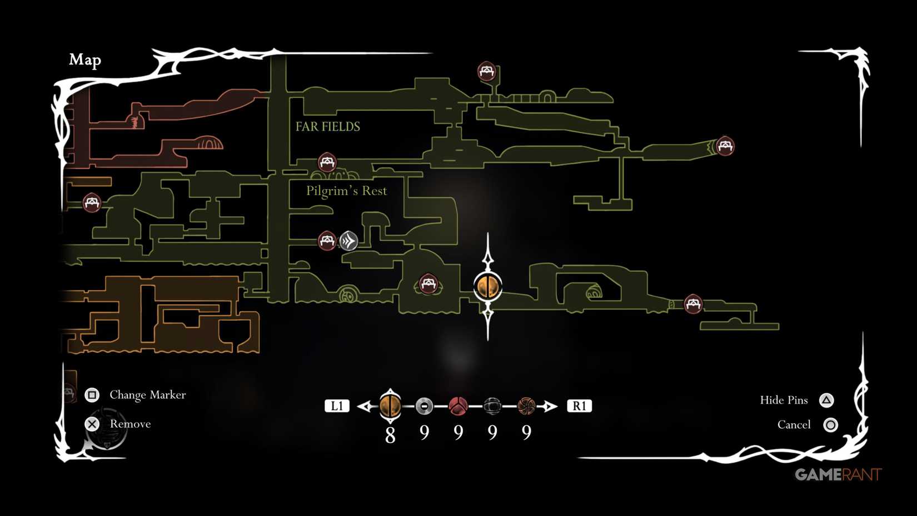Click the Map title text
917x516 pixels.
pyautogui.click(x=85, y=59)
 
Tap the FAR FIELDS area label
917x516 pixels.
pyautogui.click(x=327, y=127)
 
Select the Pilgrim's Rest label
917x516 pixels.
pyautogui.click(x=346, y=191)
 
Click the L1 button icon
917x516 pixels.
pyautogui.click(x=337, y=406)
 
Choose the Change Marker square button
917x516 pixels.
pyautogui.click(x=92, y=395)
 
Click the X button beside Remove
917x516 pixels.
pyautogui.click(x=92, y=424)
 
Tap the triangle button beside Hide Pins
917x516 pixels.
pyautogui.click(x=826, y=400)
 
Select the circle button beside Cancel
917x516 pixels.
pyautogui.click(x=830, y=425)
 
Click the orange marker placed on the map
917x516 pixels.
pyautogui.click(x=488, y=286)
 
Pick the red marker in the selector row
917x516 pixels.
pyautogui.click(x=458, y=406)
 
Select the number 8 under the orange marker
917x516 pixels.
pyautogui.click(x=390, y=435)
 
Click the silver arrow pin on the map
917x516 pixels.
pyautogui.click(x=348, y=241)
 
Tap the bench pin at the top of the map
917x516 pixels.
pyautogui.click(x=487, y=71)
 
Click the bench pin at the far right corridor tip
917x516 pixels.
pyautogui.click(x=725, y=146)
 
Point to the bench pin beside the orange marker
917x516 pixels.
pyautogui.click(x=428, y=284)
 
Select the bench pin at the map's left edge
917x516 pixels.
pyautogui.click(x=92, y=202)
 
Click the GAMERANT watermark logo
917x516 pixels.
pyautogui.click(x=838, y=474)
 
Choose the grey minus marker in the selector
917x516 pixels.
pyautogui.click(x=424, y=406)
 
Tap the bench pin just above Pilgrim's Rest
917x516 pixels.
pyautogui.click(x=327, y=162)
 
